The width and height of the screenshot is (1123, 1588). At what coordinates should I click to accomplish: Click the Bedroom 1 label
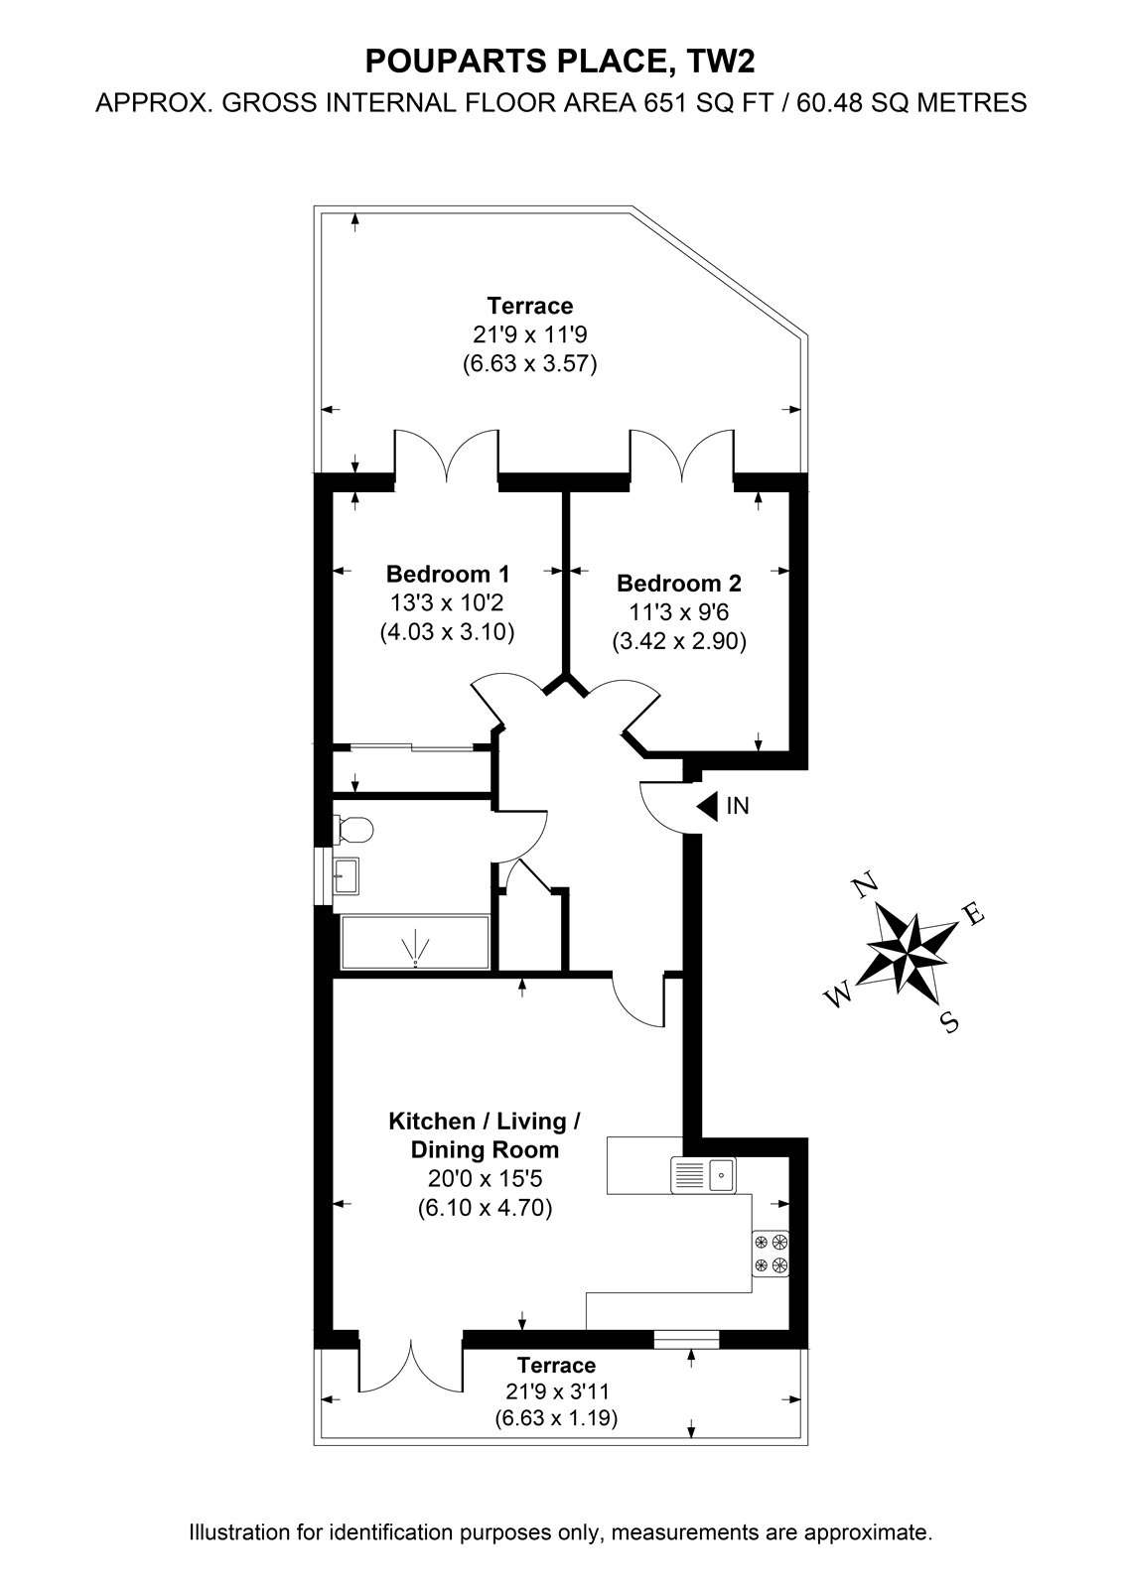(448, 573)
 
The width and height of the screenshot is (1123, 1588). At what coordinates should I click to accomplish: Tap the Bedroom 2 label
(679, 583)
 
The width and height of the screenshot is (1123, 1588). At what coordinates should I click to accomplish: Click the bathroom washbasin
(347, 875)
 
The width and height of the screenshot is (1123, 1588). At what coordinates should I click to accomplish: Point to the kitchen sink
(703, 1175)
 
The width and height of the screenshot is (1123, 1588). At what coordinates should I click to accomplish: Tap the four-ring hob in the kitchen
(771, 1253)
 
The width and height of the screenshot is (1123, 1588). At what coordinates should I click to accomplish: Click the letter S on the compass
(948, 1021)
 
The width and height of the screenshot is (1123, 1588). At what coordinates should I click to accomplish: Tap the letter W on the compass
(838, 996)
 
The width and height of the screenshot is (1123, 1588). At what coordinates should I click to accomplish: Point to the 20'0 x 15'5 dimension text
(485, 1177)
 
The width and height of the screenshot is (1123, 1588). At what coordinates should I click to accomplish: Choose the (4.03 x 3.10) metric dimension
(447, 631)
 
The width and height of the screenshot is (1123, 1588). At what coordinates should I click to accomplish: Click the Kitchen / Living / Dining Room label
(485, 1134)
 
